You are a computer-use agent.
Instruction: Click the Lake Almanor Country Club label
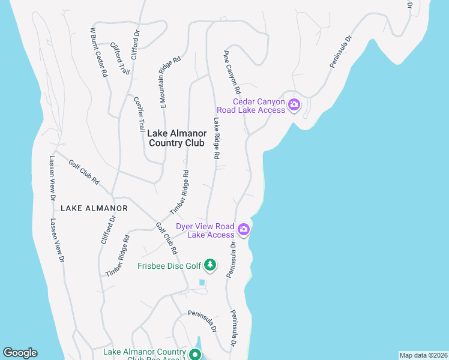click(176, 139)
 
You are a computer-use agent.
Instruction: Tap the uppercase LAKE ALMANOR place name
click(94, 208)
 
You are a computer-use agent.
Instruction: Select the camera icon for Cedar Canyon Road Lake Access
click(294, 106)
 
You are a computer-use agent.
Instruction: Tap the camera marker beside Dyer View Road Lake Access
click(244, 229)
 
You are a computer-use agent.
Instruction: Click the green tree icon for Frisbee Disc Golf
click(209, 265)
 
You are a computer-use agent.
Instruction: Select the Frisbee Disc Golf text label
click(169, 265)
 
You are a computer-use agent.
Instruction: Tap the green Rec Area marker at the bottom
click(195, 355)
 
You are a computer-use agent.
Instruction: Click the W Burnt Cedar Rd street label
click(98, 52)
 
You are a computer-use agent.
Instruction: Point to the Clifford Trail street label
click(120, 58)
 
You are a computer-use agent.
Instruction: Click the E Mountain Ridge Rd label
click(170, 82)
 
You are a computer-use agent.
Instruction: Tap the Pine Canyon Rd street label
click(232, 71)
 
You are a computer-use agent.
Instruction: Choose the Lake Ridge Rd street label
click(215, 138)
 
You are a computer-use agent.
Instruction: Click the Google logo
click(20, 353)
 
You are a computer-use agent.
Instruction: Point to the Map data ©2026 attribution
click(423, 355)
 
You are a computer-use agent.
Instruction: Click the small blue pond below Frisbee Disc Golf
click(202, 282)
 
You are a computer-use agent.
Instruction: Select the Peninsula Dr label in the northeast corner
click(340, 53)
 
